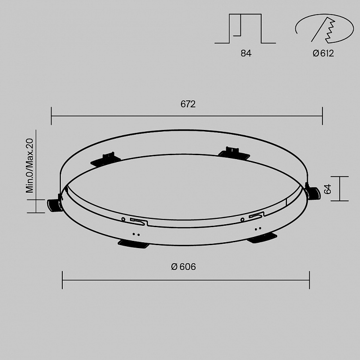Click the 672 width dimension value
[x=188, y=104]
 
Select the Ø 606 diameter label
[x=183, y=267]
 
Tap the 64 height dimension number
[x=327, y=189]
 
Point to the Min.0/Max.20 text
[x=30, y=165]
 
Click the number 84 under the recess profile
[x=246, y=53]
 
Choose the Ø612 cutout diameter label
[x=323, y=53]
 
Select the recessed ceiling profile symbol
[x=245, y=29]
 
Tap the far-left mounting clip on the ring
[x=55, y=203]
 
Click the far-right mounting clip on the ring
[x=312, y=192]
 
